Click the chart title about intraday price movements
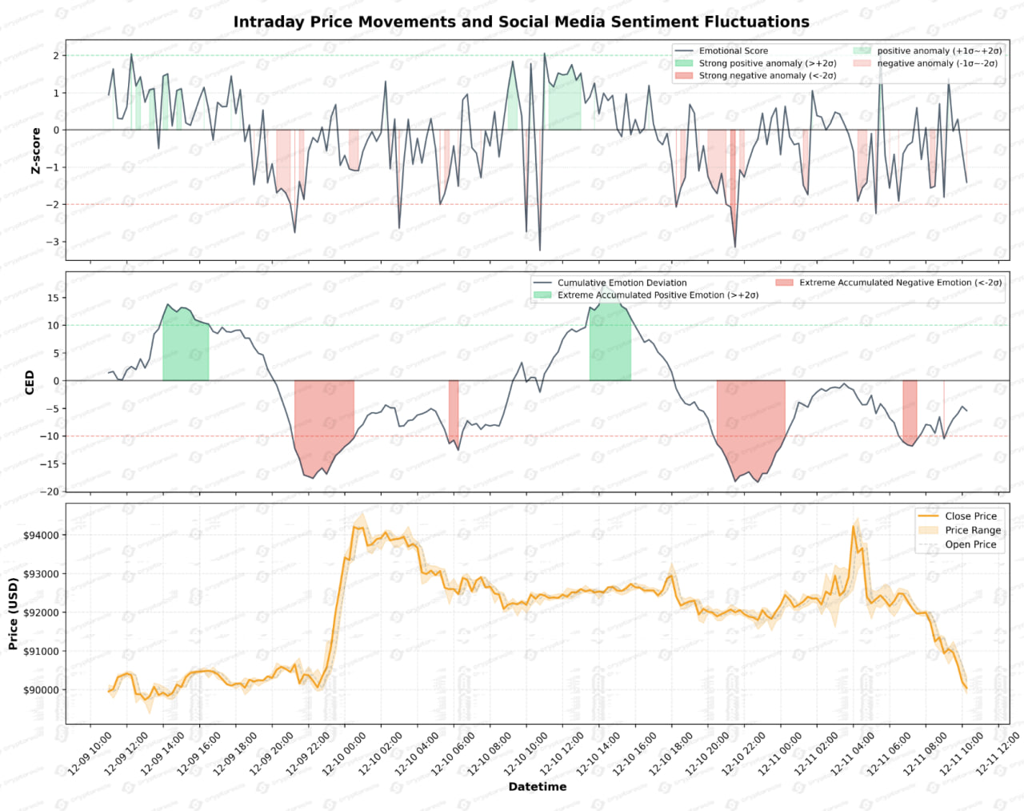[521, 22]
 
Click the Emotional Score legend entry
[733, 50]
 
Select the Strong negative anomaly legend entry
[766, 75]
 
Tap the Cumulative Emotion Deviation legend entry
[622, 283]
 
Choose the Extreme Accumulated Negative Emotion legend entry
[899, 283]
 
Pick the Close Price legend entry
[970, 516]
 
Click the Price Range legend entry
[972, 530]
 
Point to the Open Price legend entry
[970, 544]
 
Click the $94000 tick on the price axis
[41, 535]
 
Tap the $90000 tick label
[41, 690]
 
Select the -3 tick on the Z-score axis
[52, 242]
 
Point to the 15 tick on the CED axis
[53, 298]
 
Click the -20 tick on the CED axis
[50, 492]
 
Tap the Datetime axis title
[537, 787]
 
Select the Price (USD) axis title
[13, 614]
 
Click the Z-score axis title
[35, 151]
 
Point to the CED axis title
[30, 382]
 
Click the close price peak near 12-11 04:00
[854, 526]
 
